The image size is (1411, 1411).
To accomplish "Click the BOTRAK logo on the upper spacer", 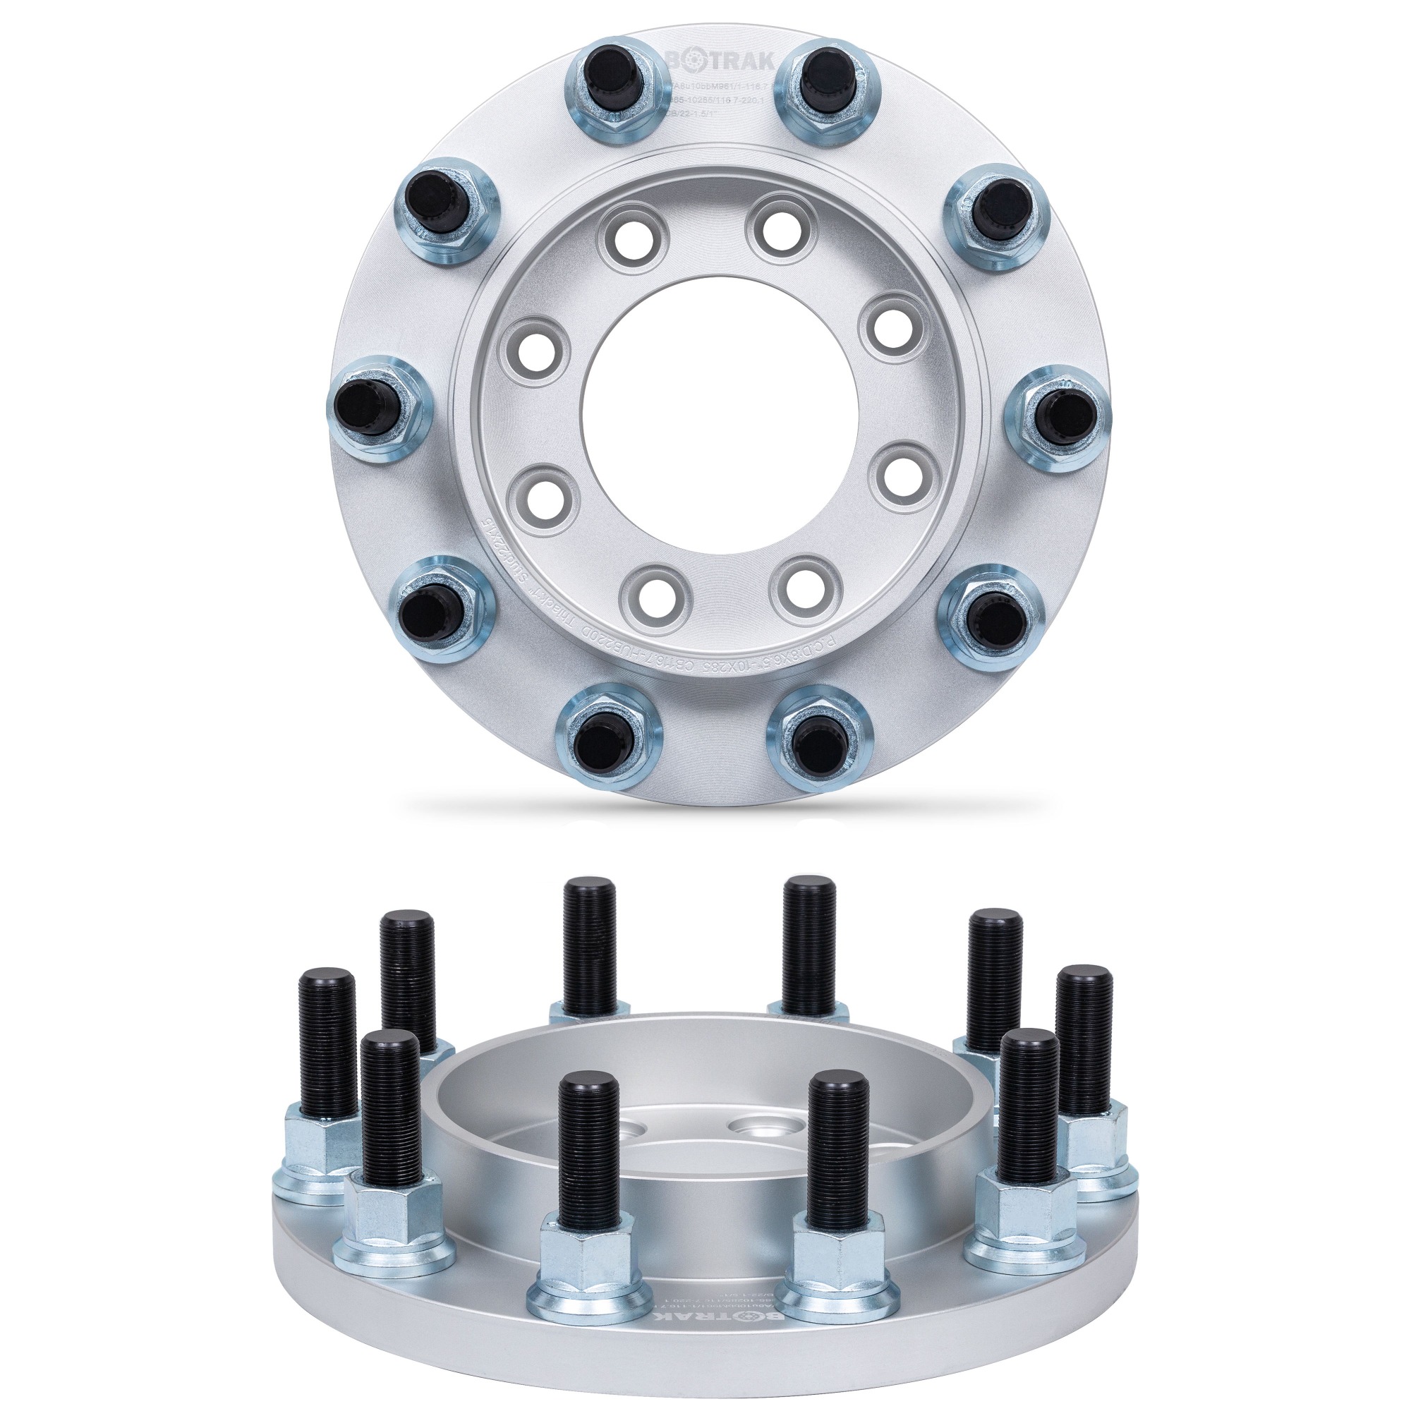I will click(x=720, y=61).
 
